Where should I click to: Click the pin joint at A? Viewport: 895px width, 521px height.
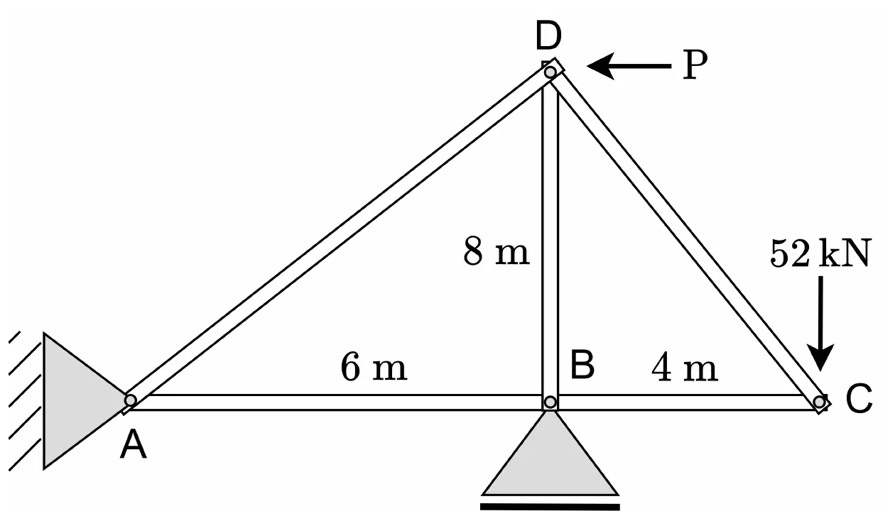click(130, 400)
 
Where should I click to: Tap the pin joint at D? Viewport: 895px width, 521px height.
click(550, 72)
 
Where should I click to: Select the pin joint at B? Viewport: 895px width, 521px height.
click(550, 402)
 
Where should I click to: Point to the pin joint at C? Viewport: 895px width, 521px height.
click(820, 402)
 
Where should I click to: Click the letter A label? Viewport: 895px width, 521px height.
click(134, 446)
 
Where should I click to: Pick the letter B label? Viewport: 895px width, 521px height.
click(582, 365)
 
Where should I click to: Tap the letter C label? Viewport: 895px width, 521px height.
click(859, 398)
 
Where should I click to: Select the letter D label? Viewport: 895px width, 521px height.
click(548, 36)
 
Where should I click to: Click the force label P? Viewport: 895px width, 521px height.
click(695, 65)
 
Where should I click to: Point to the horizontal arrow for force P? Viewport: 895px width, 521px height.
click(629, 66)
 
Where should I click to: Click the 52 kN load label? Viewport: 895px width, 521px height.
click(820, 253)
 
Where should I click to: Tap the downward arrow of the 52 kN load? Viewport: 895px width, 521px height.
click(820, 324)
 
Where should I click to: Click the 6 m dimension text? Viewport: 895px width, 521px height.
click(374, 366)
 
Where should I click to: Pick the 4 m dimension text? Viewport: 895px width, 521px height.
click(685, 367)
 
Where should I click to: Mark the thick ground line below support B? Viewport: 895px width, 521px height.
click(550, 507)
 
